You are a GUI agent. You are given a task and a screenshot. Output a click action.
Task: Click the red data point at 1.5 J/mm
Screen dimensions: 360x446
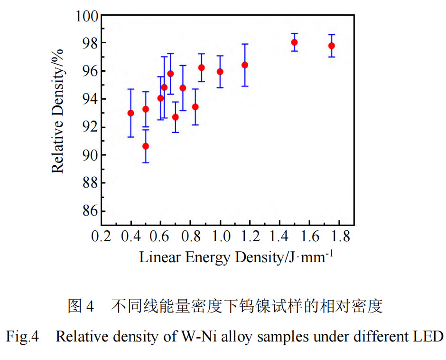(x=294, y=42)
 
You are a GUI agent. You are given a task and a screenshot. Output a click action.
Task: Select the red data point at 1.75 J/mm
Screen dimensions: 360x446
(x=332, y=46)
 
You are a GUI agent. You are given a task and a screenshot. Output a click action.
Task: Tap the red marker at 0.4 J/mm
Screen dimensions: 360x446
(x=131, y=113)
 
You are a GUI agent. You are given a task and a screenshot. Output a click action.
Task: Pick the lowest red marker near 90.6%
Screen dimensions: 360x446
(x=146, y=146)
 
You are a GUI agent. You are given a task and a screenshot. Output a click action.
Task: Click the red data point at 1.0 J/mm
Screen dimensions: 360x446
(x=220, y=72)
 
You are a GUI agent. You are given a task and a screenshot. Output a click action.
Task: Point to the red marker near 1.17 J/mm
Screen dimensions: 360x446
(x=245, y=65)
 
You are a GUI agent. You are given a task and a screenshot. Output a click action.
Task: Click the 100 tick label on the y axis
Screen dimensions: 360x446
(x=85, y=16)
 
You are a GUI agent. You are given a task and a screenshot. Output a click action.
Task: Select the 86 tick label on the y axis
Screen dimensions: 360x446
(x=89, y=211)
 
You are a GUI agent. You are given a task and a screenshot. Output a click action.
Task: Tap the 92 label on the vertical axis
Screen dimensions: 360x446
(x=89, y=127)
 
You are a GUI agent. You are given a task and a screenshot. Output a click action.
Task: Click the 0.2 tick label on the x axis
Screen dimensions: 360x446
(x=101, y=236)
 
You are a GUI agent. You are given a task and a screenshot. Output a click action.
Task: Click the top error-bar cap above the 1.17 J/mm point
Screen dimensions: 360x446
(x=245, y=44)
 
